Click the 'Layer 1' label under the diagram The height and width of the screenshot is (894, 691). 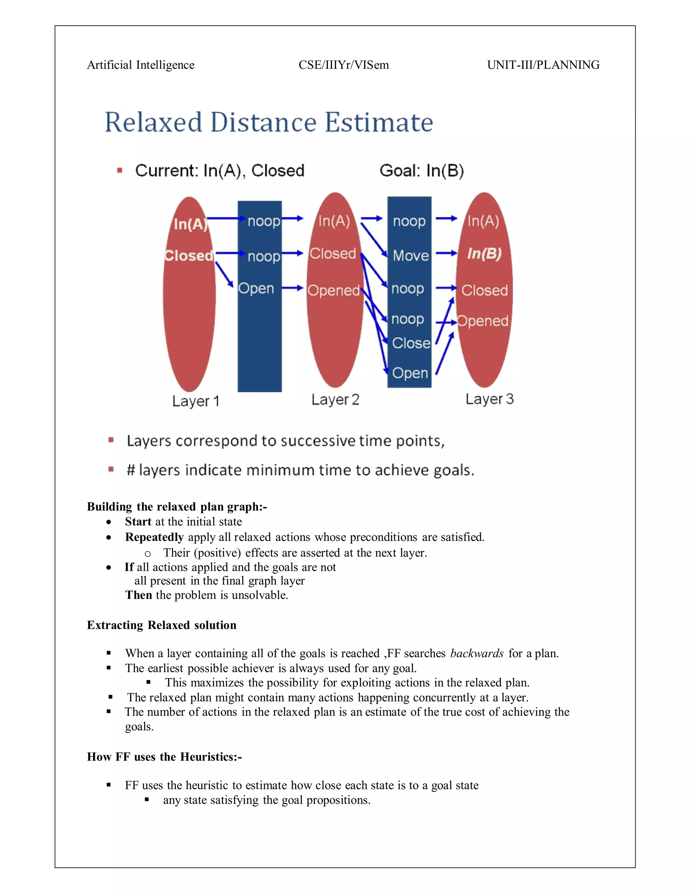pos(196,401)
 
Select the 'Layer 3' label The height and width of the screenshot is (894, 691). pos(489,399)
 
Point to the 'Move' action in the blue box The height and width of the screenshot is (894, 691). pos(411,256)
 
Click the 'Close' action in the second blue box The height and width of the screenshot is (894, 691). pos(411,343)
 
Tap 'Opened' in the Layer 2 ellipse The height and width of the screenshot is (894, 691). pos(333,290)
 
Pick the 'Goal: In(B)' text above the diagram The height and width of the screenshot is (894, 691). pos(422,171)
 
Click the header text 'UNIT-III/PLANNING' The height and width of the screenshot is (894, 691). pos(543,65)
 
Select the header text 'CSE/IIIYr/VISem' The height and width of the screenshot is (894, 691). pos(343,65)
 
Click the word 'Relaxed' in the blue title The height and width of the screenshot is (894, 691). pos(154,122)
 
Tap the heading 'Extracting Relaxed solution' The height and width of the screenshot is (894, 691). pos(162,625)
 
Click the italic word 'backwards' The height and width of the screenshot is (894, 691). pos(476,653)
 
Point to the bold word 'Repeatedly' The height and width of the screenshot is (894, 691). pos(154,537)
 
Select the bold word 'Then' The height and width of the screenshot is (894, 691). pos(138,595)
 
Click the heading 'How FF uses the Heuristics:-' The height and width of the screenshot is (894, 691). pos(165,757)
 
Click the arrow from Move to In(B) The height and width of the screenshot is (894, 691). pos(446,253)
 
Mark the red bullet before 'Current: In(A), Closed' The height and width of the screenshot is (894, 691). pos(119,171)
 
